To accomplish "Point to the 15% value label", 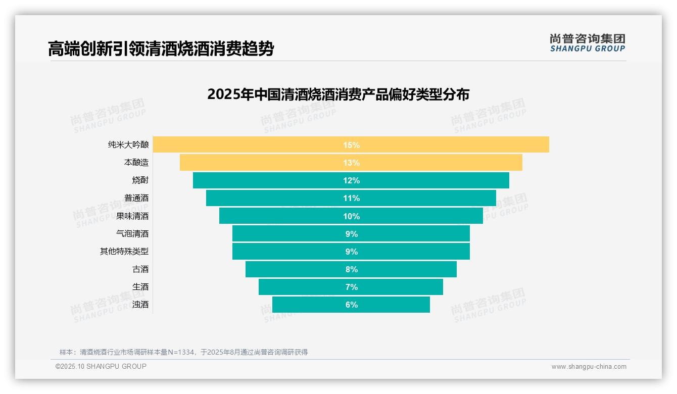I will coord(351,145).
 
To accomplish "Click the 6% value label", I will coord(351,305).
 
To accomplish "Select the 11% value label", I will coord(351,198).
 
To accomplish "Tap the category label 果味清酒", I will coord(132,216).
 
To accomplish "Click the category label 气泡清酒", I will coord(132,233).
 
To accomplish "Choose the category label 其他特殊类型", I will coord(124,251).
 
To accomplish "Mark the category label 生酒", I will coord(140,286).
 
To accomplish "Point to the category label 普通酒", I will coord(136,198).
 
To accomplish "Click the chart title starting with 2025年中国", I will coord(338,94).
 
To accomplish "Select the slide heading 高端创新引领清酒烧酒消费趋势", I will coord(161,49).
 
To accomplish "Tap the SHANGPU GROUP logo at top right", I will coord(587,43).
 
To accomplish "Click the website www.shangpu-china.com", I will coord(589,367).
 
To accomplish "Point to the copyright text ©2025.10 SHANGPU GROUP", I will coord(101,366).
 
